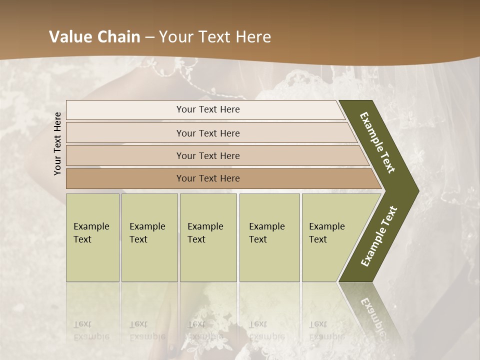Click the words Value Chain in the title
pos(94,37)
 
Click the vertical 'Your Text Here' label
pos(57,143)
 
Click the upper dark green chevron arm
pos(378,142)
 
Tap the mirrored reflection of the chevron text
pos(373,315)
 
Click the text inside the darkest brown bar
pos(208,178)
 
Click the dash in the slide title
pos(149,37)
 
